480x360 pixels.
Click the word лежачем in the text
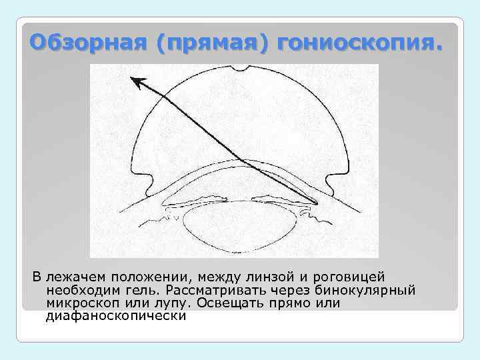point(73,277)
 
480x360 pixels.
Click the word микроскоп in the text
point(79,303)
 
